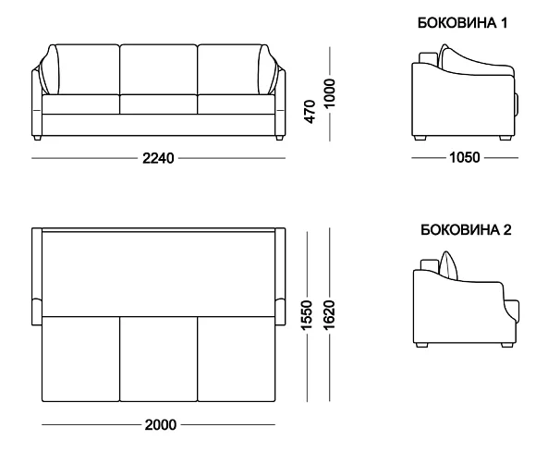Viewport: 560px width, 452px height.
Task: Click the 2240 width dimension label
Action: [x=158, y=157]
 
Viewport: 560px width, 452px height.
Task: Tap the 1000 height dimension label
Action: [x=329, y=93]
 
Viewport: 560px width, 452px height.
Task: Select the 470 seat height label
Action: [x=310, y=112]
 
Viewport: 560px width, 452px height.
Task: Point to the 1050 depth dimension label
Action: [x=464, y=157]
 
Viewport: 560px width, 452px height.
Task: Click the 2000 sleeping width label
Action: [x=161, y=425]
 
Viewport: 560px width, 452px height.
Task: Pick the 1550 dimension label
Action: [x=307, y=315]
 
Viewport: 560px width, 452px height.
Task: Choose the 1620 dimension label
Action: [x=329, y=315]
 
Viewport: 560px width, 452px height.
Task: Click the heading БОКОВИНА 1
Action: [x=462, y=23]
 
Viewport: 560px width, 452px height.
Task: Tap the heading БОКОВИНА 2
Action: [x=466, y=230]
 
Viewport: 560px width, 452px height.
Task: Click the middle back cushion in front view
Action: [x=159, y=69]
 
